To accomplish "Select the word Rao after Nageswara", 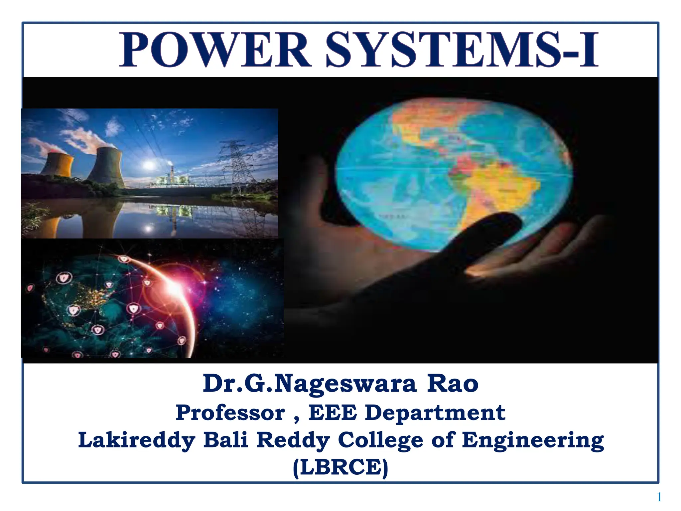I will coord(453,384).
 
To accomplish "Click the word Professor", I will coord(230,413).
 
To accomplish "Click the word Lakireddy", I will coord(137,440).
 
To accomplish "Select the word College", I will coord(380,440).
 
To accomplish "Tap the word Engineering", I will coord(533,440).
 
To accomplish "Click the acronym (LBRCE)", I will coord(340,467).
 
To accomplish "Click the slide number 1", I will coord(659,497).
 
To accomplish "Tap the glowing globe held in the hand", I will coord(452,173).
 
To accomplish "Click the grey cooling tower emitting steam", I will coord(107,166).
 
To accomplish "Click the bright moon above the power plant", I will coord(149,165).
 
